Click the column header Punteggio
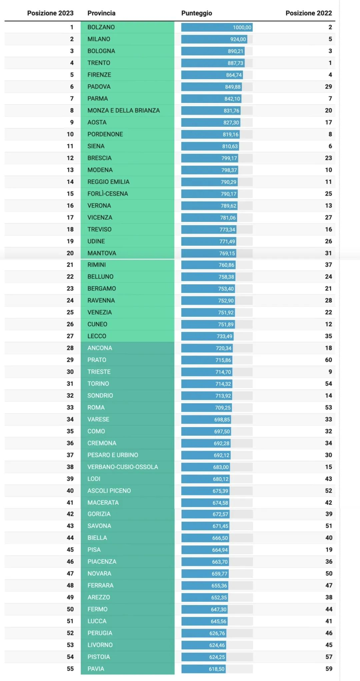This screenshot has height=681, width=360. click(196, 13)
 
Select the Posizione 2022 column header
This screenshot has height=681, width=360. click(308, 13)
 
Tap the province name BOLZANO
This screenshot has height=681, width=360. click(101, 27)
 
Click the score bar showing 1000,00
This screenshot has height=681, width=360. click(217, 27)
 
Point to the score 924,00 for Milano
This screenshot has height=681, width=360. click(238, 39)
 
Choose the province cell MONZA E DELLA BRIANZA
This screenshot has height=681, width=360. click(123, 110)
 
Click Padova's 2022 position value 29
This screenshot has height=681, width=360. click(328, 87)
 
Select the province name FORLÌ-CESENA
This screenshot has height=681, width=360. click(108, 194)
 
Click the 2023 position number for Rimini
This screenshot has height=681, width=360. click(70, 265)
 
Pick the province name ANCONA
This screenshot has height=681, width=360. click(100, 348)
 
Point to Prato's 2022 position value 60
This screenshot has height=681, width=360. click(328, 360)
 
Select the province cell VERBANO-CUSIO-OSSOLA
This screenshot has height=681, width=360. click(123, 467)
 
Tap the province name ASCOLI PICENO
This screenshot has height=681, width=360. click(109, 491)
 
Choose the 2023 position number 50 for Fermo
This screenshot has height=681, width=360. click(70, 609)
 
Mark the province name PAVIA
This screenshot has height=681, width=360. click(96, 669)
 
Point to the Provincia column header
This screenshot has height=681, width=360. click(101, 13)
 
